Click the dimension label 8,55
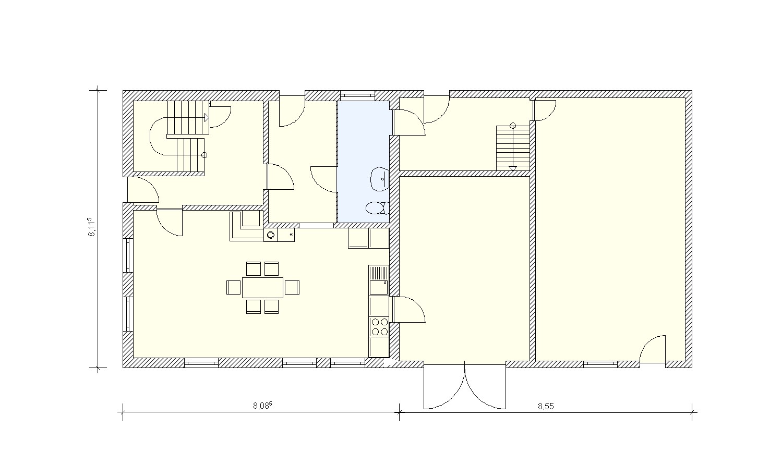(x=546, y=407)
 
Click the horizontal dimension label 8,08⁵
(x=262, y=406)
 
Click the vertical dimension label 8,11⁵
(x=91, y=227)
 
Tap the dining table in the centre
(x=262, y=287)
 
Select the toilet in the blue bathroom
(x=377, y=208)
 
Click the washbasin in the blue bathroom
(x=380, y=179)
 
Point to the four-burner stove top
(x=379, y=327)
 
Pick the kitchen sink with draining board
(x=379, y=280)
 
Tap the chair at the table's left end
(x=234, y=287)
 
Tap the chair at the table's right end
(x=292, y=287)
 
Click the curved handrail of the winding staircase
(x=150, y=137)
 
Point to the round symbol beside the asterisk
(x=271, y=236)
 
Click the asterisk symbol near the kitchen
(x=291, y=235)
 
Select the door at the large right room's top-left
(x=545, y=110)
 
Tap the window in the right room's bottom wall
(x=600, y=364)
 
